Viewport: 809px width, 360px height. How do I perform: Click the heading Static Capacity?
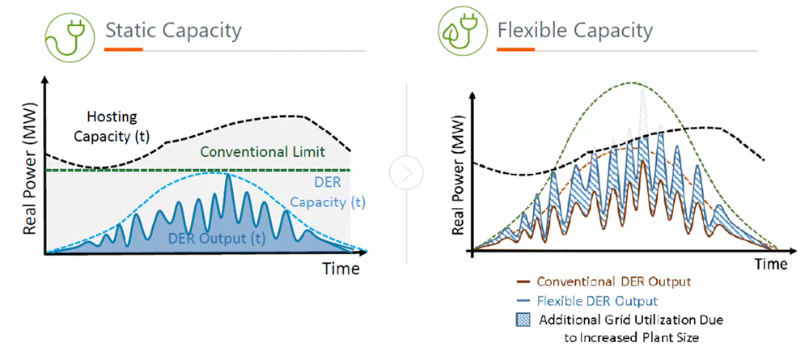(x=173, y=32)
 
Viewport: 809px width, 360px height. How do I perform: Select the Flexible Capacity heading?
(x=575, y=32)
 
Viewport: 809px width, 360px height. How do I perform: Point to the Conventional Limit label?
(x=262, y=152)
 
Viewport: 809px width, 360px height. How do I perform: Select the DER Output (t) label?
(x=216, y=238)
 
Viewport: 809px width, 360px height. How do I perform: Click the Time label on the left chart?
(x=341, y=269)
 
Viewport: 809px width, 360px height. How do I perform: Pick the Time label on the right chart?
(x=771, y=264)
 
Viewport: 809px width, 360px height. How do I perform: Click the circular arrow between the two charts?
(x=405, y=172)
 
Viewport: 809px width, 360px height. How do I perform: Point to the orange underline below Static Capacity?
(x=123, y=50)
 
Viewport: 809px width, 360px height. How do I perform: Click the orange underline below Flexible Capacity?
(x=516, y=50)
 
